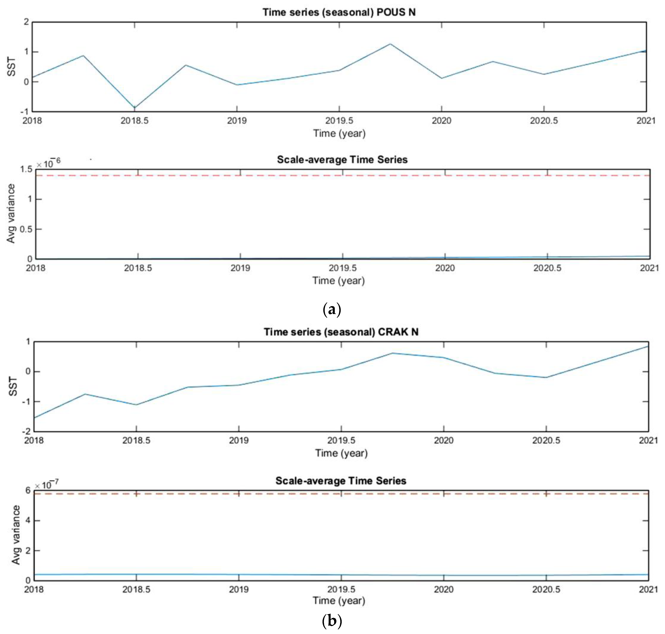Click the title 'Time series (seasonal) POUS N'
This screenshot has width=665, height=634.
[x=339, y=12]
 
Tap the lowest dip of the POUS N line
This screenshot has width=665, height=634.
[x=135, y=107]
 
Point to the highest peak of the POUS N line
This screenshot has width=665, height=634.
[x=390, y=44]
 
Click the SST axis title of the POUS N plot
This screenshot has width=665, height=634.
[x=11, y=67]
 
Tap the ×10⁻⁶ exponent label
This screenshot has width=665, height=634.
[x=48, y=163]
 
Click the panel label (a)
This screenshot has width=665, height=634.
[x=332, y=309]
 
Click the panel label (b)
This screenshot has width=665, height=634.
[x=332, y=621]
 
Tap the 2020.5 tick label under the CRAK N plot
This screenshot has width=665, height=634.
[x=546, y=440]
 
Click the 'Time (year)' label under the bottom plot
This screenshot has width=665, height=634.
[x=339, y=601]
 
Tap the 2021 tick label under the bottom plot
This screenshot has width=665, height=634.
[x=648, y=589]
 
